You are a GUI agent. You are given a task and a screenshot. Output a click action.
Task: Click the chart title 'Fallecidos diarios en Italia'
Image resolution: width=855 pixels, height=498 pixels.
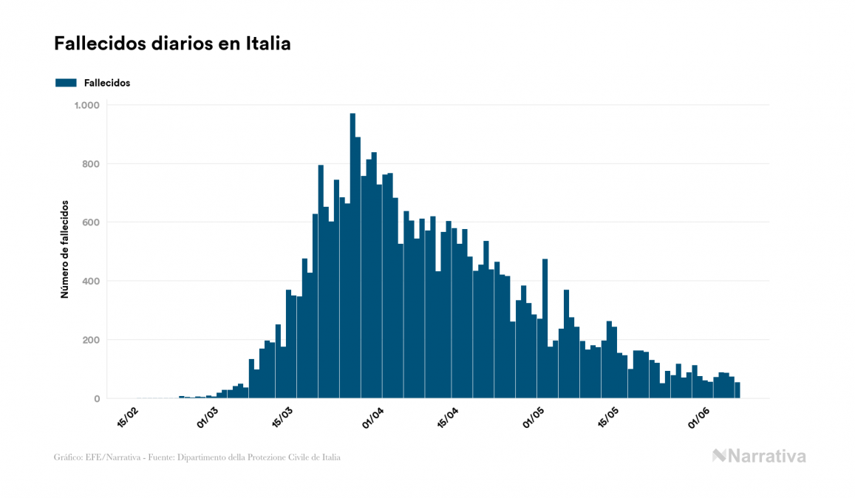click(172, 44)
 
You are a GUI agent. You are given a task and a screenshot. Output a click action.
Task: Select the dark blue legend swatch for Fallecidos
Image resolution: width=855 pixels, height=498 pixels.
click(66, 83)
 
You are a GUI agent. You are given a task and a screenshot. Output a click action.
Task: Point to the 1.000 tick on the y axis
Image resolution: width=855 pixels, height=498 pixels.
click(86, 106)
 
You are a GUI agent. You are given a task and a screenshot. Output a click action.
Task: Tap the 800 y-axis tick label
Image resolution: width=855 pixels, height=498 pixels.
click(92, 164)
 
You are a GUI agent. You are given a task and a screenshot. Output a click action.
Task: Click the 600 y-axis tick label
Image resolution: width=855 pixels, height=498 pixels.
click(92, 222)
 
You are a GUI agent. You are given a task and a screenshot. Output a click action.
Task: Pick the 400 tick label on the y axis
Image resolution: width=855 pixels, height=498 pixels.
click(92, 282)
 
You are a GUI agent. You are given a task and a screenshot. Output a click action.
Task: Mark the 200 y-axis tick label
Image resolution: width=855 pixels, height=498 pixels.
click(92, 341)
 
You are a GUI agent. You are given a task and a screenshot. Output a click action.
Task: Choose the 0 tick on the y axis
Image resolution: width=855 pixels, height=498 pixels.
click(97, 399)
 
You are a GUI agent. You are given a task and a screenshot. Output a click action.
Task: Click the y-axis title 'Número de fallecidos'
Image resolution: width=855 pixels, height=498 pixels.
click(64, 249)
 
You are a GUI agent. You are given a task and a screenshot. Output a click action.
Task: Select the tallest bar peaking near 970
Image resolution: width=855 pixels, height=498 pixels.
click(352, 259)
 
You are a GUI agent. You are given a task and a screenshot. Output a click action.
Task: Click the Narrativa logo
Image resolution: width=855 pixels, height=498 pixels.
click(759, 456)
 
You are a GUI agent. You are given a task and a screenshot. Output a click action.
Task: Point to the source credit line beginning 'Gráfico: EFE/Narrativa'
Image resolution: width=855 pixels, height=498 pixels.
click(197, 457)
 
